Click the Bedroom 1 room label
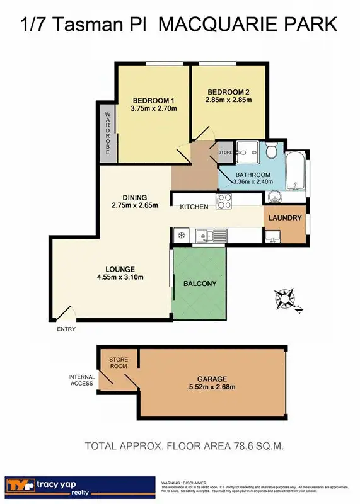tap(153, 100)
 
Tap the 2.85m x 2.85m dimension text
tap(228, 100)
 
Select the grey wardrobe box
tap(107, 132)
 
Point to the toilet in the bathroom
tap(271, 151)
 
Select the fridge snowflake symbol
tap(181, 236)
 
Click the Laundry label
tap(285, 218)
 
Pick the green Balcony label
tap(200, 283)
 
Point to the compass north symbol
tap(286, 298)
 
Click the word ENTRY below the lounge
tap(66, 329)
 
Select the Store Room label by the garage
tap(119, 362)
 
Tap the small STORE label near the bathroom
tap(226, 152)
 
